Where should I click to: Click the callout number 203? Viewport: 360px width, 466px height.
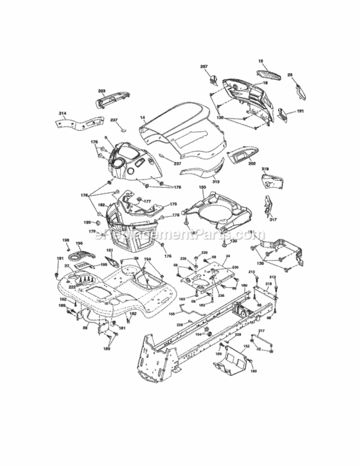(102, 91)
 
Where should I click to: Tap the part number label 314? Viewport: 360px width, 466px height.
(62, 114)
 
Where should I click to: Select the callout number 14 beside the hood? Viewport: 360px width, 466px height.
(142, 117)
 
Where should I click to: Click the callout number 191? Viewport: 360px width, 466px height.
(300, 111)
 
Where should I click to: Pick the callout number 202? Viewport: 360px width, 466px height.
(251, 164)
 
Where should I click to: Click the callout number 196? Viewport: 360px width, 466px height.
(79, 244)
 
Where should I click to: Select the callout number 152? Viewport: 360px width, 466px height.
(246, 346)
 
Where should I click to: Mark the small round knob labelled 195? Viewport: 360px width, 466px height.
(98, 222)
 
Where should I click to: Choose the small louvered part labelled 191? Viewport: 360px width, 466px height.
(284, 112)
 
